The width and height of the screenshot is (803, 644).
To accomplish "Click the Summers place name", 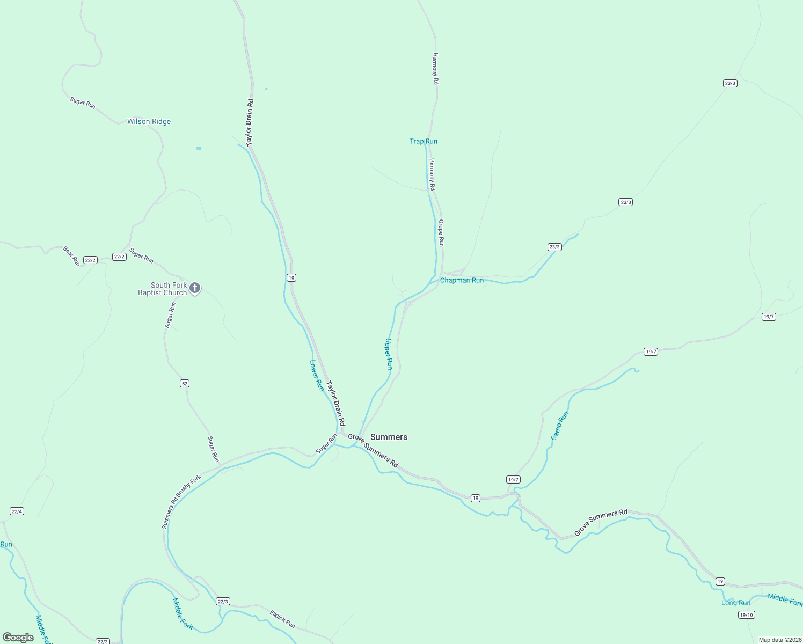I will [x=389, y=437].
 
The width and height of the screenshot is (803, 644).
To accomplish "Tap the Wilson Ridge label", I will [x=149, y=121].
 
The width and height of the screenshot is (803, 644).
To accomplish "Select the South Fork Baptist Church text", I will [x=162, y=289].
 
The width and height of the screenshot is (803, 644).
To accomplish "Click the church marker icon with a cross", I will [x=195, y=288].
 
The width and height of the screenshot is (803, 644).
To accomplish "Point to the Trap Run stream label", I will [x=423, y=141].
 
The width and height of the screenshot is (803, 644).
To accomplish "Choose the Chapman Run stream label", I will [x=462, y=280].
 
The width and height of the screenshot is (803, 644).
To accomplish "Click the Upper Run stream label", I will [x=389, y=354].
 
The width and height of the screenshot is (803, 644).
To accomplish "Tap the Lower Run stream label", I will [x=317, y=375].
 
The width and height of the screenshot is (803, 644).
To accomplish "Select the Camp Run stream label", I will [x=559, y=426].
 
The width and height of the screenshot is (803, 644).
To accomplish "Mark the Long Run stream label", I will [x=736, y=603].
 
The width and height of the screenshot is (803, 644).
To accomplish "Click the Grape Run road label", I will [x=441, y=233].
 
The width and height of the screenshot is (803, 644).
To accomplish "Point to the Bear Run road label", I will [x=71, y=256].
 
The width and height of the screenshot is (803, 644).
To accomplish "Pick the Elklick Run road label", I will [x=282, y=619].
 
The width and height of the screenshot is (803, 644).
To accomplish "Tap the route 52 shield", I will [x=185, y=383].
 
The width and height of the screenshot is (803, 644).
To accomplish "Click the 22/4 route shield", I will [x=17, y=511].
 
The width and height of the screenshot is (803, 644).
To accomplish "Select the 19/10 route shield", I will [x=746, y=614].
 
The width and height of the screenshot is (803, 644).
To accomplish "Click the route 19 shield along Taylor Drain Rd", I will [x=291, y=277].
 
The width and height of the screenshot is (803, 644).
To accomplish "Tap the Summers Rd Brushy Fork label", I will [x=181, y=501].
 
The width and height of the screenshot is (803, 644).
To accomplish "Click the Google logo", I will [x=18, y=638].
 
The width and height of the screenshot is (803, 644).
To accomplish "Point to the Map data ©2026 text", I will [x=779, y=640].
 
